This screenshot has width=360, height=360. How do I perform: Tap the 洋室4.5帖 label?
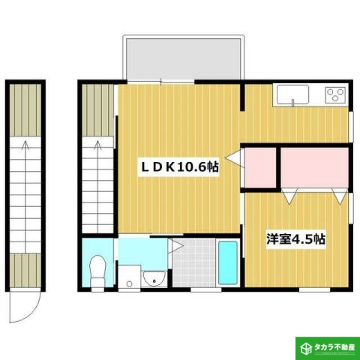[x=296, y=239]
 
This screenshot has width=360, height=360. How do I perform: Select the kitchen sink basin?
[x=292, y=95]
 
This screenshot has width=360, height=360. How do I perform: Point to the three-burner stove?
[x=334, y=95]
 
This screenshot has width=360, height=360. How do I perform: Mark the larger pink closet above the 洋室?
[x=314, y=166]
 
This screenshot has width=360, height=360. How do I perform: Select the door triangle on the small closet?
[x=235, y=159]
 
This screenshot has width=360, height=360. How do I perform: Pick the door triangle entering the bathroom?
[x=174, y=244]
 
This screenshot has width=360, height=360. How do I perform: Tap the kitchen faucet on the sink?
[x=293, y=88]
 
